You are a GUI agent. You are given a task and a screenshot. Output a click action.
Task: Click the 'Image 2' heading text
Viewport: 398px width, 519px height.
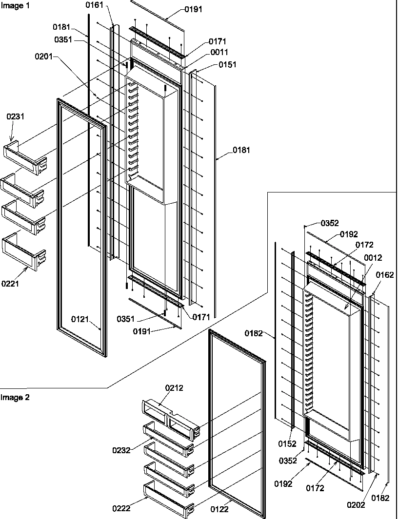[15, 397]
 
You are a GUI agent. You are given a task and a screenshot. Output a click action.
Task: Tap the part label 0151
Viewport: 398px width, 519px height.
[227, 64]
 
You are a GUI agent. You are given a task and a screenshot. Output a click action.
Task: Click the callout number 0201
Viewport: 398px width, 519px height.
[44, 57]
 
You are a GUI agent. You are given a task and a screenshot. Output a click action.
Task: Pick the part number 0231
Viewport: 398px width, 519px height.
[15, 116]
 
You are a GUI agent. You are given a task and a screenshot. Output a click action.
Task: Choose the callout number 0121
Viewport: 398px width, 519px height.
[81, 319]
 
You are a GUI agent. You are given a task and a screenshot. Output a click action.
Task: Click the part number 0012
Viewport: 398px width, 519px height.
[373, 258]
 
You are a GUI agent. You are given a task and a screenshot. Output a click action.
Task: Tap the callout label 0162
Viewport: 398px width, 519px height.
[385, 275]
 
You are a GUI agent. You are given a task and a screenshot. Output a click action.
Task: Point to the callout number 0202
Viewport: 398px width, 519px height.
[355, 505]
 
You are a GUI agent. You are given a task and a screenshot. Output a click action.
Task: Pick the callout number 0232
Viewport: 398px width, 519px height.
[121, 450]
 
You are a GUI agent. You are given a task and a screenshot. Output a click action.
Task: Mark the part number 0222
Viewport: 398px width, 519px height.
[121, 508]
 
